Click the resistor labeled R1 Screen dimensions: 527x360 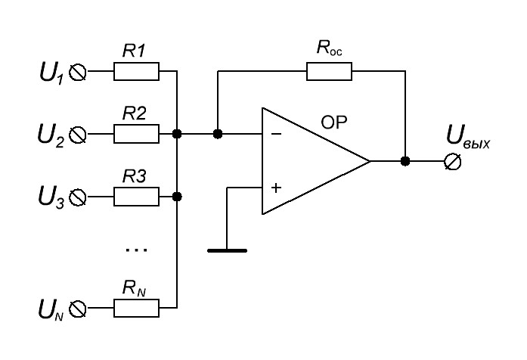tap(136, 71)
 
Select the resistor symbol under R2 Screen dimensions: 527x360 tap(136, 134)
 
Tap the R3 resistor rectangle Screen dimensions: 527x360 tap(136, 197)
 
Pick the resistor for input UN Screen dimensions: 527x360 tap(136, 308)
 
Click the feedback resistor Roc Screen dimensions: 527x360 tap(329, 71)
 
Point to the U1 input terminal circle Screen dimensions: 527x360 tap(78, 73)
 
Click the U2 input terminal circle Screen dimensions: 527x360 tap(78, 135)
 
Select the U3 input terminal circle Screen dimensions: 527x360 tap(78, 197)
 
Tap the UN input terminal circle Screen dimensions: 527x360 tap(78, 309)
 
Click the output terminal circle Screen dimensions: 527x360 tap(452, 161)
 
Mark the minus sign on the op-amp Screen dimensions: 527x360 tap(276, 134)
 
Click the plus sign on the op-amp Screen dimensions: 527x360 tap(276, 188)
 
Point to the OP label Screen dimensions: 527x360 tap(333, 123)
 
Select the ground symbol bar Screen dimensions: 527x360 tap(227, 250)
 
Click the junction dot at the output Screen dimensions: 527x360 tap(405, 161)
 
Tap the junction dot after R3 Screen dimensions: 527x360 tap(177, 197)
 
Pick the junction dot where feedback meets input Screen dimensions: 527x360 tap(218, 134)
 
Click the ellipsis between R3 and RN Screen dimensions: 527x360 tap(136, 250)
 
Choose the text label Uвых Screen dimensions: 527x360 tap(468, 137)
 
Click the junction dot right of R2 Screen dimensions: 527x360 tap(177, 134)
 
